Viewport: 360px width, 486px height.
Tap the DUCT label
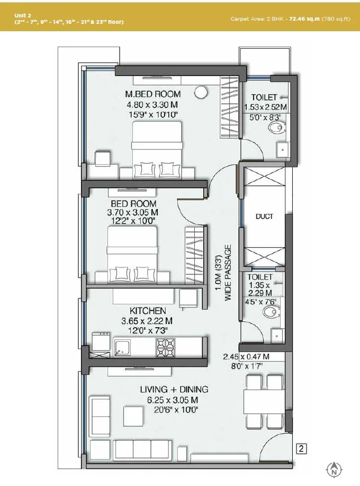pyautogui.click(x=264, y=217)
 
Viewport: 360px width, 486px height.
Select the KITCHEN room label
pyautogui.click(x=148, y=311)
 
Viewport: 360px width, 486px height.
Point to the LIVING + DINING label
pyautogui.click(x=174, y=390)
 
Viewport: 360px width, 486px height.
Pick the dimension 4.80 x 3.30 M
pyautogui.click(x=152, y=105)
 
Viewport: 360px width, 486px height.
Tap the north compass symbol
pyautogui.click(x=334, y=469)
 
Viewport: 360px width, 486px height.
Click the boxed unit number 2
pyautogui.click(x=301, y=450)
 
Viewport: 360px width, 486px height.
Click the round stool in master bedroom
pyautogui.click(x=201, y=92)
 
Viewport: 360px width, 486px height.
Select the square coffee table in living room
pyautogui.click(x=134, y=415)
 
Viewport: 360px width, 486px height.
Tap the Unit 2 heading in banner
pyautogui.click(x=22, y=16)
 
